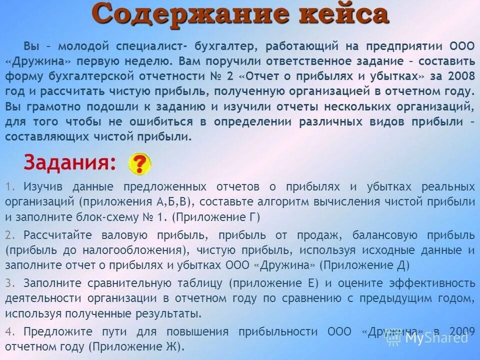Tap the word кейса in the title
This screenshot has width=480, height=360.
339,14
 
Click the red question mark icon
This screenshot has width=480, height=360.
139,163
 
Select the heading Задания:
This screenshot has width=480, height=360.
69,162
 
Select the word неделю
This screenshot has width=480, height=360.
149,62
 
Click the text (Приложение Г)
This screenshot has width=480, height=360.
217,217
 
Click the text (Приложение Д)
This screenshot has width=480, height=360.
363,265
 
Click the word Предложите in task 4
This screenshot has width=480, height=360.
53,331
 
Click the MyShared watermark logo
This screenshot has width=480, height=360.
428,338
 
